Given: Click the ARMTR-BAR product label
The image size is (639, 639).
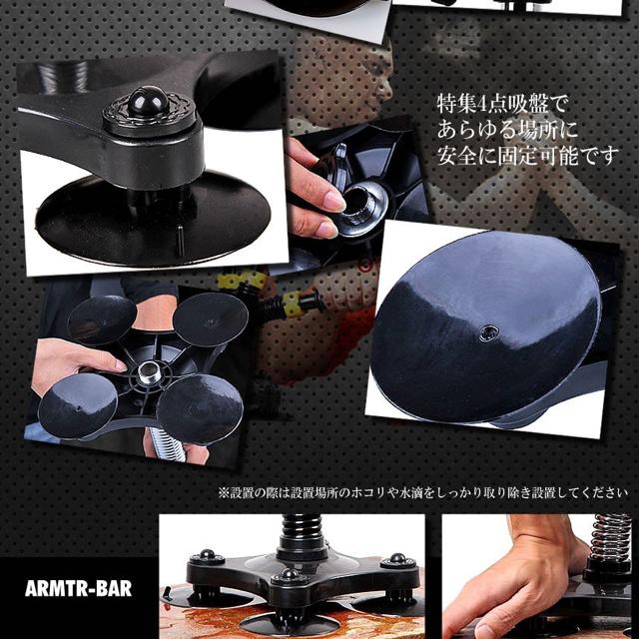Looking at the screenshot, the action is pos(78,589).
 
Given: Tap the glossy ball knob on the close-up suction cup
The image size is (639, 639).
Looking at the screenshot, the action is pos(149,100).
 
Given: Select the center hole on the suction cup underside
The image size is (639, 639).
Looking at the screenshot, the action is pos(488,332).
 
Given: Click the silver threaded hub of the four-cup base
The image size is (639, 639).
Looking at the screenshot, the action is pos(149,372).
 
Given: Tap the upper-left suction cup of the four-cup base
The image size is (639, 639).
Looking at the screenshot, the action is pos(102,319).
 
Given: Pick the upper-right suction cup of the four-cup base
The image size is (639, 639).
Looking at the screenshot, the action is pos(211,319).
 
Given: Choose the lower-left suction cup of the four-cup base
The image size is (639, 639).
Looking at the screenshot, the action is pos(78,405).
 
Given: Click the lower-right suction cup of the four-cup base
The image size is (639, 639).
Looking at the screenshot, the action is pos(200,408).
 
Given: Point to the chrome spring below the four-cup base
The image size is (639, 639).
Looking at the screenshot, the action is pos(168,444).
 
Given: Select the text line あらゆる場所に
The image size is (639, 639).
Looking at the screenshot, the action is pos(508,131).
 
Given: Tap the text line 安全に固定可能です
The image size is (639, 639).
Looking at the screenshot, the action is pos(528,156).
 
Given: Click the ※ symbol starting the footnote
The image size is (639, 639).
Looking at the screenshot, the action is pos(224,493).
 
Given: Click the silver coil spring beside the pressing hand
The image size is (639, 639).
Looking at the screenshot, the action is pos(610,537).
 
